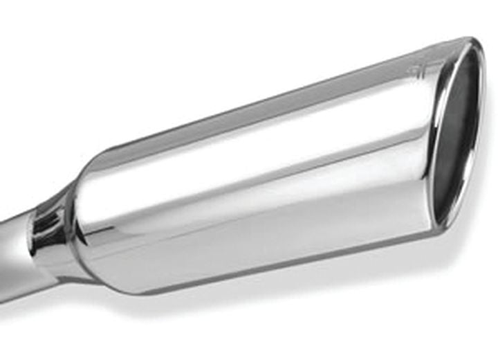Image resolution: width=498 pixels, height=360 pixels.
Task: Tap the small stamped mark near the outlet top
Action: click(x=416, y=71)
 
